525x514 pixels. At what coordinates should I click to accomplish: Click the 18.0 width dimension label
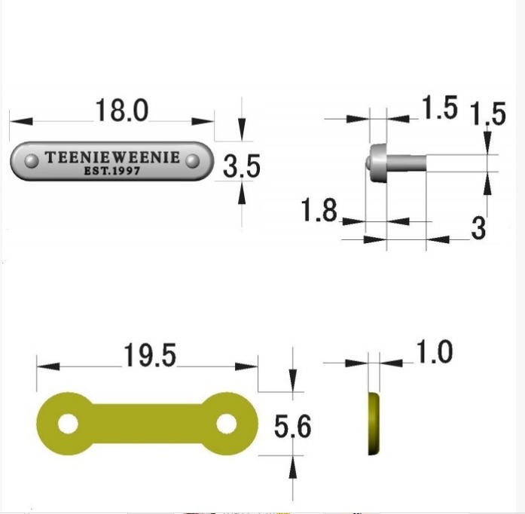[x=121, y=110]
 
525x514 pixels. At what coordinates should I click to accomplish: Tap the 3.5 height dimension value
[x=241, y=166]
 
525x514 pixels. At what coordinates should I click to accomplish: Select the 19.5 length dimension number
[x=150, y=355]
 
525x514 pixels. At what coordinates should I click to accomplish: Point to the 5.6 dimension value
[x=293, y=426]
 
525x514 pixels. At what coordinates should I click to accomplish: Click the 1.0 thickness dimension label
[x=434, y=351]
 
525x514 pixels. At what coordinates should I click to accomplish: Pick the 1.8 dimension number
[x=319, y=210]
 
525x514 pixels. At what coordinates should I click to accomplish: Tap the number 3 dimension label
[x=478, y=228]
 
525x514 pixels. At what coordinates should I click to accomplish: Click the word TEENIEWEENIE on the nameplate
[x=112, y=157]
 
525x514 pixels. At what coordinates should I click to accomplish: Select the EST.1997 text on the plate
[x=111, y=171]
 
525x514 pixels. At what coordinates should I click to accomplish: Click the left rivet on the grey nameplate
[x=32, y=161]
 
